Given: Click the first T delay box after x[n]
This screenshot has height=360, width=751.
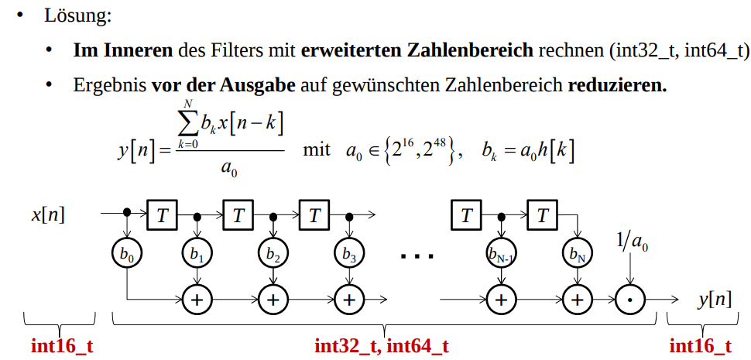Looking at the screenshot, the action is (161, 214).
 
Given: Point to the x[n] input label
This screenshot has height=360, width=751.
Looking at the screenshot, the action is (48, 214).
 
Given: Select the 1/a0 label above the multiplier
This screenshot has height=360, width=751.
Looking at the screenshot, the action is (633, 243).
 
